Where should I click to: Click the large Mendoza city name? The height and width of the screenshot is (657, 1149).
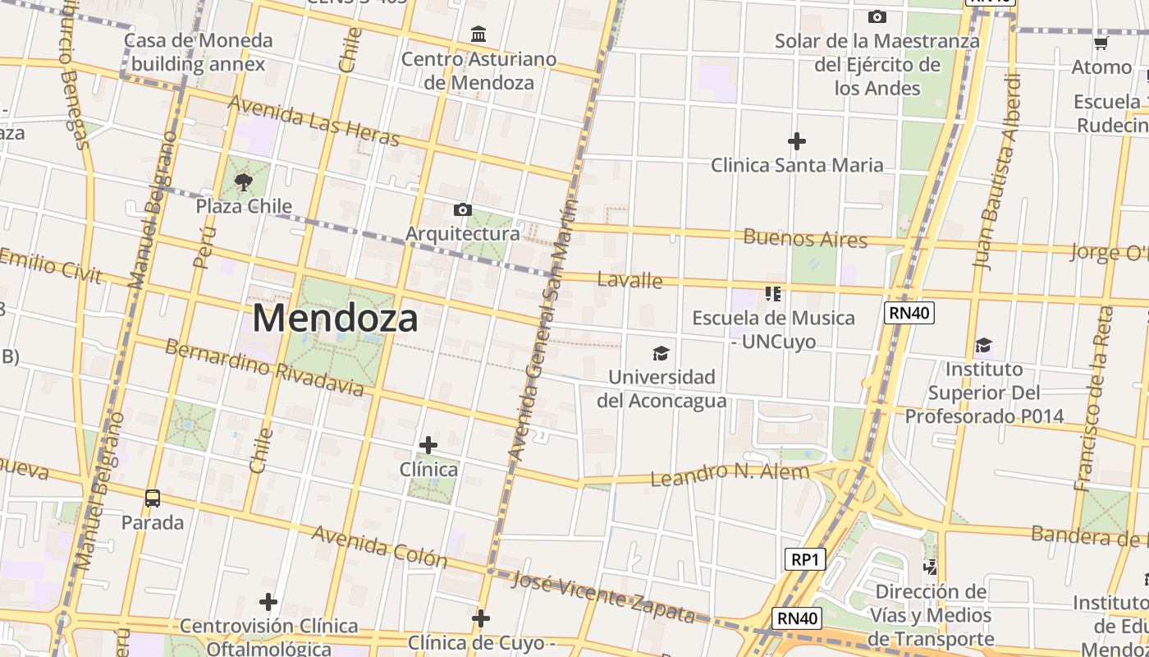point(335,318)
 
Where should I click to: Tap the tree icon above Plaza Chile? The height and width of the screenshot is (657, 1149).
point(243,181)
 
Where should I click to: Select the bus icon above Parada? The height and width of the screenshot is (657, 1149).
point(153,498)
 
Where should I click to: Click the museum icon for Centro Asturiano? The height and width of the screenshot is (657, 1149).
point(478,34)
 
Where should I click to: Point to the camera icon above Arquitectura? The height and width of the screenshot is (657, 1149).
point(463,209)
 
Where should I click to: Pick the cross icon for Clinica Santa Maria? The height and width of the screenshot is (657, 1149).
point(796,141)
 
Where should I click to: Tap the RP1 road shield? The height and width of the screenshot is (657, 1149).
point(804,559)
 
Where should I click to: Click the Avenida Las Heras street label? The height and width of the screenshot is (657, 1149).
point(314,121)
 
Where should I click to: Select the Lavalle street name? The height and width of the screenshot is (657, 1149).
point(629,280)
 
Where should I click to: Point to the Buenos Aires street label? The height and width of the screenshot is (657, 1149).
point(805,239)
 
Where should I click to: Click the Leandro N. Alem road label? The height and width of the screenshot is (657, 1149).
point(730,474)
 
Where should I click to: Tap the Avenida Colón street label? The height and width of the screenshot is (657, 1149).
point(379,546)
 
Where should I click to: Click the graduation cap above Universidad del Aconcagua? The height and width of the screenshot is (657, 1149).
point(661,353)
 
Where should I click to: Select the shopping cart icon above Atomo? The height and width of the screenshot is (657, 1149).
point(1101,43)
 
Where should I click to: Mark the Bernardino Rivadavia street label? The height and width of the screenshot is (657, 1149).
point(263,366)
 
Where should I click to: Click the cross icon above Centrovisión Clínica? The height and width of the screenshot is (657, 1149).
point(268,602)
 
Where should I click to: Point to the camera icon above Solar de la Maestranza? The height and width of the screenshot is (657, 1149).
point(877,16)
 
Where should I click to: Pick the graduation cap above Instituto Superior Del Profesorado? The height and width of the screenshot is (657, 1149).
point(983,345)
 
